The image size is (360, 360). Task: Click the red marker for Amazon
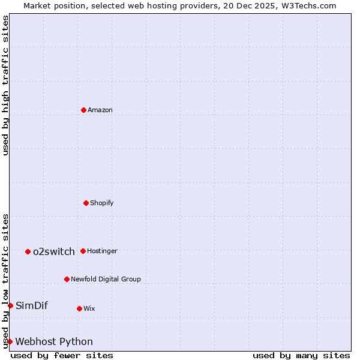point(83,110)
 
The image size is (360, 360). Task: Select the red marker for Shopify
point(86,203)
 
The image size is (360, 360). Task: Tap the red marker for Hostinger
point(83,251)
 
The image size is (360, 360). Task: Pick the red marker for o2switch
point(28,251)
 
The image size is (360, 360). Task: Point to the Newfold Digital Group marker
point(67,279)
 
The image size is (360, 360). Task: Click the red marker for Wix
point(79,308)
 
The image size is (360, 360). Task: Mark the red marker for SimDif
point(10,305)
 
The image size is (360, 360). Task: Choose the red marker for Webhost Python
point(10,341)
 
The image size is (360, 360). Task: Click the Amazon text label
point(100,110)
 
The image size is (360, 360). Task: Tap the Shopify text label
point(102,203)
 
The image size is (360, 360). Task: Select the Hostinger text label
point(102,251)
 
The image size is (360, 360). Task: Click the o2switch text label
point(54,251)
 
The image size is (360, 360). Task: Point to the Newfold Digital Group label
point(106,279)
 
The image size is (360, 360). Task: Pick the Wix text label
point(89,308)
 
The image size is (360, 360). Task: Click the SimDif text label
point(32,305)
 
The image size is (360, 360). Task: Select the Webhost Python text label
point(54,341)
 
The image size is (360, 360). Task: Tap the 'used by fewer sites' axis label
point(62,355)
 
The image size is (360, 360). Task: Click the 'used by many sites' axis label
point(301,355)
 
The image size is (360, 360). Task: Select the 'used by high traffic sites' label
point(5,85)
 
